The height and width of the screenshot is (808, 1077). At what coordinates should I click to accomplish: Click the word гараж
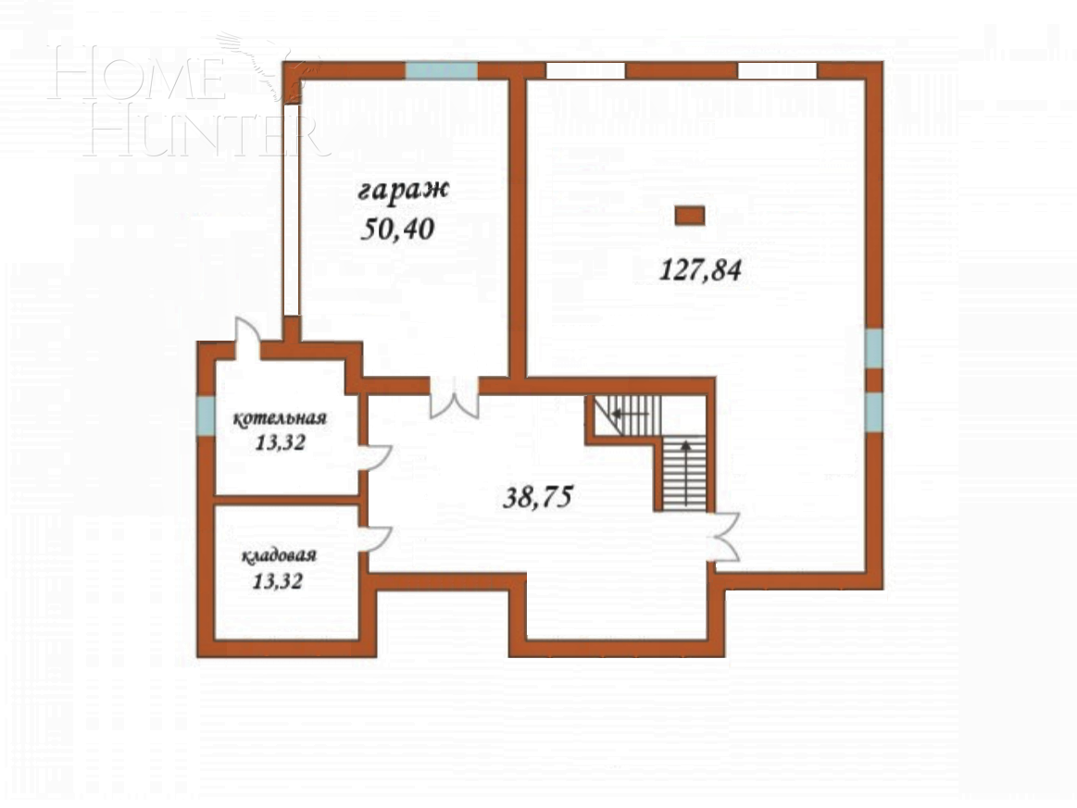click(x=403, y=191)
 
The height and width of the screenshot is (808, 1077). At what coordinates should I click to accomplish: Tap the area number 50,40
click(x=397, y=230)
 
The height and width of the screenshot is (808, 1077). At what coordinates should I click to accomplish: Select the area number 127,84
click(x=700, y=269)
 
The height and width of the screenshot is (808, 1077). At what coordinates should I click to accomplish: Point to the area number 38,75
click(x=538, y=496)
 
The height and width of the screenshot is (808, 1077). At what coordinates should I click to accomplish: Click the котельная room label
click(x=280, y=418)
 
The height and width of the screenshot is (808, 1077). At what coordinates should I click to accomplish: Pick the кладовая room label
click(x=279, y=556)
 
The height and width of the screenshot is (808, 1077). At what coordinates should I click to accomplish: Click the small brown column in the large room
click(x=690, y=216)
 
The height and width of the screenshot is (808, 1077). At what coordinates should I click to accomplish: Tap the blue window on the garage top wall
click(x=441, y=70)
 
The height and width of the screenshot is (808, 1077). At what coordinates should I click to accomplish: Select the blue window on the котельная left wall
click(x=207, y=416)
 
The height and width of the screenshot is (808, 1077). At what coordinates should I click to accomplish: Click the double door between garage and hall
click(x=454, y=398)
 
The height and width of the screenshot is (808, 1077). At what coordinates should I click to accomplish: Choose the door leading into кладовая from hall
click(x=375, y=539)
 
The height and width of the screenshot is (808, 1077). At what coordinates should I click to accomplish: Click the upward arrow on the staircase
click(x=685, y=475)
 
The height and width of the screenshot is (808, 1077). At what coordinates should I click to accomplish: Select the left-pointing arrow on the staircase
click(x=630, y=414)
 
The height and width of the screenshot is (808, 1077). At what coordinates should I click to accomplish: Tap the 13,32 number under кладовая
click(x=278, y=582)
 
